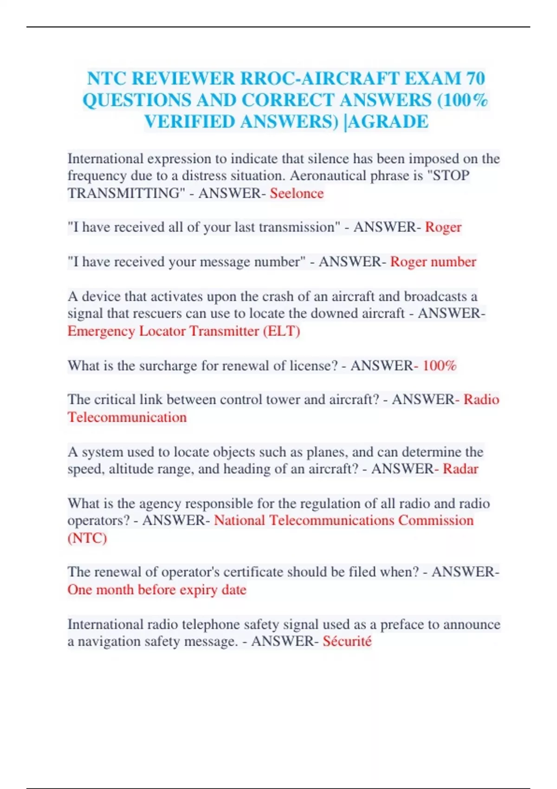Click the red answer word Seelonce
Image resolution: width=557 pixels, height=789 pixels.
tap(297, 193)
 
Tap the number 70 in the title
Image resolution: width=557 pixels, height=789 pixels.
tap(476, 78)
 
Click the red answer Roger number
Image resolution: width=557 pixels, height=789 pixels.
tap(433, 262)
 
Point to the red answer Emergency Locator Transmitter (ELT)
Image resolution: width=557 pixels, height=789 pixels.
tap(184, 331)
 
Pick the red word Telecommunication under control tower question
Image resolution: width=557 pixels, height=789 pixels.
tap(127, 417)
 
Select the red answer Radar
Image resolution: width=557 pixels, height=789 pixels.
tap(460, 469)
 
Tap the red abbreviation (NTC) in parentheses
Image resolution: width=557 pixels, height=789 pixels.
tap(87, 538)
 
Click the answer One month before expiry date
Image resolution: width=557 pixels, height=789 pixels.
tap(157, 589)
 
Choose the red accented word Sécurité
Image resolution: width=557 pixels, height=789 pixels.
tap(347, 641)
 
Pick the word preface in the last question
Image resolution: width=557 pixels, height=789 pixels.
tap(402, 625)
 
